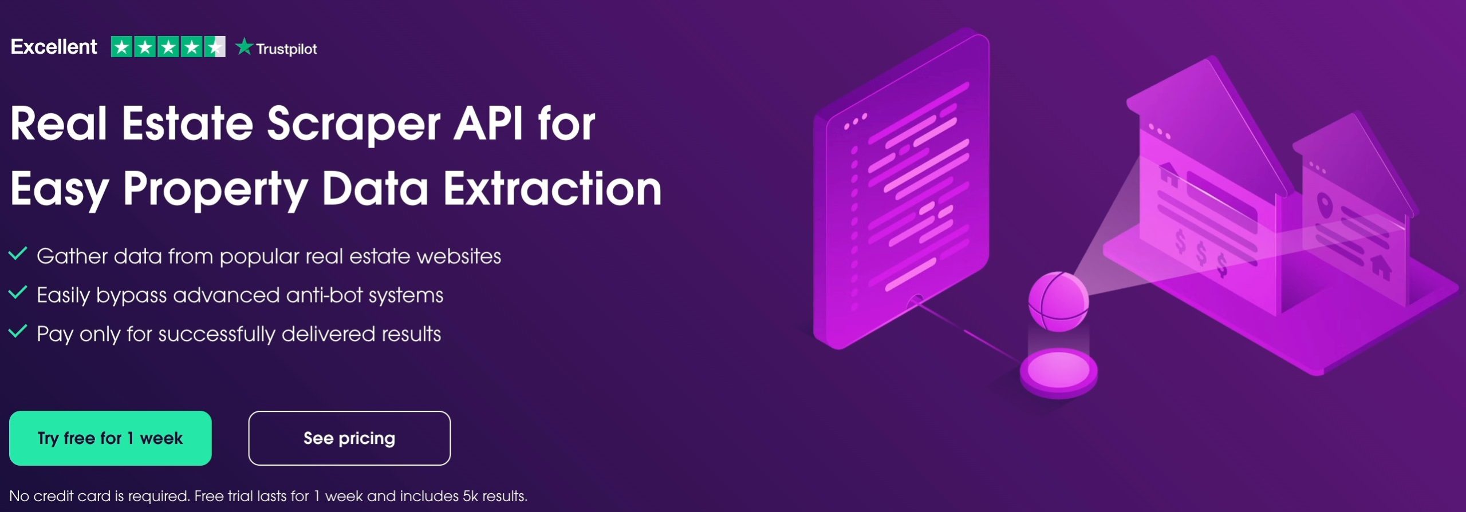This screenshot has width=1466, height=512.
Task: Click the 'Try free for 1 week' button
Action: pos(110,438)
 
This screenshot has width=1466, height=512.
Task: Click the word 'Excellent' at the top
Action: pos(54,47)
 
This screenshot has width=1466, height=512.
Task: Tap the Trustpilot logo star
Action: pos(244,46)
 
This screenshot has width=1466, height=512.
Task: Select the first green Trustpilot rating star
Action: pos(122,47)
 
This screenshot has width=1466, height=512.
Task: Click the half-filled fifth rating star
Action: pos(215,47)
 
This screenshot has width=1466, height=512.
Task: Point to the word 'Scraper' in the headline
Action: pos(353,124)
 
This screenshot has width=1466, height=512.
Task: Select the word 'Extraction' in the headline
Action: pos(553,189)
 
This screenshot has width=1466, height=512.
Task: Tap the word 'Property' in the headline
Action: pos(215,190)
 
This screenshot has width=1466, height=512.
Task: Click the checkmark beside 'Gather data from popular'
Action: pos(18,253)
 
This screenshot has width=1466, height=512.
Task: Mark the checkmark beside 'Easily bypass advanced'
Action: pos(18,292)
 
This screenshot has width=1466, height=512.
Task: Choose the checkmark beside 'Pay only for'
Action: pos(18,331)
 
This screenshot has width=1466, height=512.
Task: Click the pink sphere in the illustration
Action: pos(1058,301)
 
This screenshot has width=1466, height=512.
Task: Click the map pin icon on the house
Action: pos(1323,204)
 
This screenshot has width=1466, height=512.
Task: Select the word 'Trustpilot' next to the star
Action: pos(286,49)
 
